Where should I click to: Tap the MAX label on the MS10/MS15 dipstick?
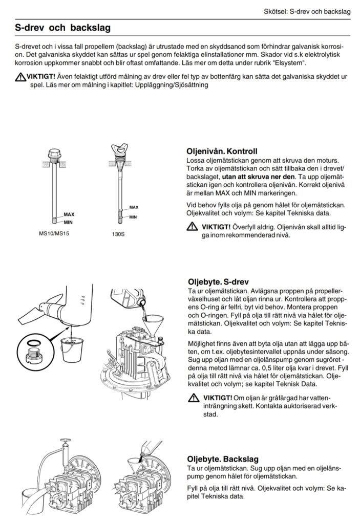pyautogui.click(x=69, y=214)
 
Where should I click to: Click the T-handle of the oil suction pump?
pyautogui.click(x=65, y=441)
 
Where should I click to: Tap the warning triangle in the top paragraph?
pyautogui.click(x=20, y=77)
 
